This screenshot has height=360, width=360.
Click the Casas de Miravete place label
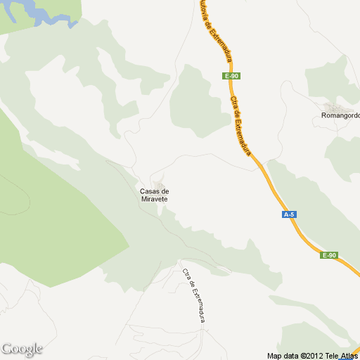[155, 195]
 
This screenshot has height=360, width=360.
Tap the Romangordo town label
[340, 115]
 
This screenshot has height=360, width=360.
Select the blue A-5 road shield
[288, 214]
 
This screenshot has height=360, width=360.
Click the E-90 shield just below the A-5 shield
[329, 255]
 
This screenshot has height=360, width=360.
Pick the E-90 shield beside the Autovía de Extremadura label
[233, 75]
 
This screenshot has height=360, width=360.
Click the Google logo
[22, 349]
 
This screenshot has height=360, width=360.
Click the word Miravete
[155, 199]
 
